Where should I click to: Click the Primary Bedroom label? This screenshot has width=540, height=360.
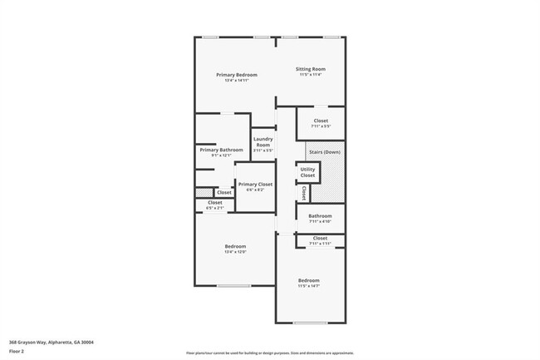point(237,75)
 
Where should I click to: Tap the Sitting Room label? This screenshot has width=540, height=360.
point(311,69)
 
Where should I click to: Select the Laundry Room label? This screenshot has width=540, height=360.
point(263,141)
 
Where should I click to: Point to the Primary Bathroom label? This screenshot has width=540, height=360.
point(221,150)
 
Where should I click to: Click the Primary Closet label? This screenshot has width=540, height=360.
point(254,185)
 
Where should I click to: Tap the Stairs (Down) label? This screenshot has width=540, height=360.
point(324,152)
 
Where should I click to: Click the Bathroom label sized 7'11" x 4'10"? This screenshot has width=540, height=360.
point(320,216)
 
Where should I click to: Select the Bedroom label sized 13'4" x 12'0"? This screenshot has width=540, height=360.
point(235,246)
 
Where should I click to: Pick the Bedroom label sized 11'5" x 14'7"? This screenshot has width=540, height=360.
point(309,280)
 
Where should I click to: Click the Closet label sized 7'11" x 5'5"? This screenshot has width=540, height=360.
point(321,121)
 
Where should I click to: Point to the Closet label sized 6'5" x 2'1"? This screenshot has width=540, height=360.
point(214,203)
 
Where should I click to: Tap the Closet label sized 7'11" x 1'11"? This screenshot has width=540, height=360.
point(320,238)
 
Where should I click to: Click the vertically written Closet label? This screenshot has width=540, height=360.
point(304,193)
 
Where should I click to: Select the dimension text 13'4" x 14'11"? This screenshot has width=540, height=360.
point(237,81)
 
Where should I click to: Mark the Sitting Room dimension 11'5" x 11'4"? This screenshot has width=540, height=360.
point(311,75)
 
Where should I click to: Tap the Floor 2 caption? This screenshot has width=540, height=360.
point(17,352)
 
